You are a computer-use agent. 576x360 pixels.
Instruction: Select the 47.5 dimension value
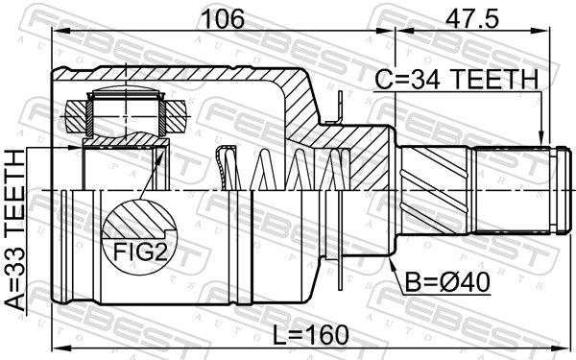coord(471,16)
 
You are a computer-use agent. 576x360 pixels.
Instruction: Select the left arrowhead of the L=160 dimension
coord(58,347)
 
